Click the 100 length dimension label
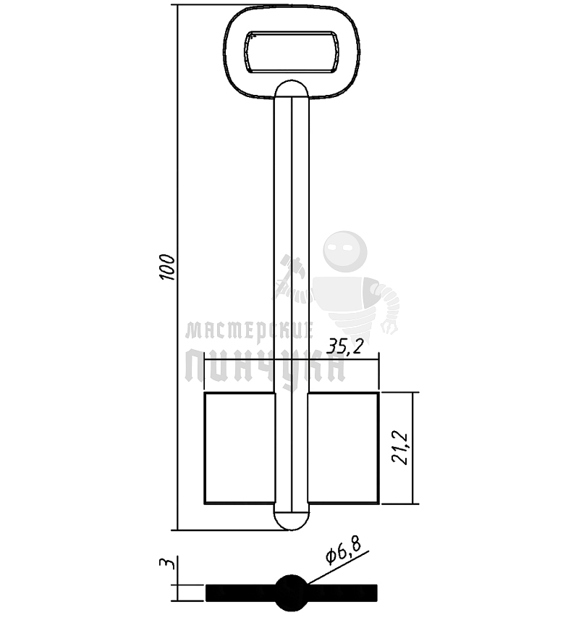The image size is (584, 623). pos(167,267)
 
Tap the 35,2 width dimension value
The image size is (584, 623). pos(345,347)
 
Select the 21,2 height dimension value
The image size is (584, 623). pos(399,448)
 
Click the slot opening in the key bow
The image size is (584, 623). pos(292,52)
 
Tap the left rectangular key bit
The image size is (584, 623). pos(240,448)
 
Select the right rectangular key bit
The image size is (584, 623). pos(344,448)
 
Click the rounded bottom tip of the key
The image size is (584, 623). pos(292,522)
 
